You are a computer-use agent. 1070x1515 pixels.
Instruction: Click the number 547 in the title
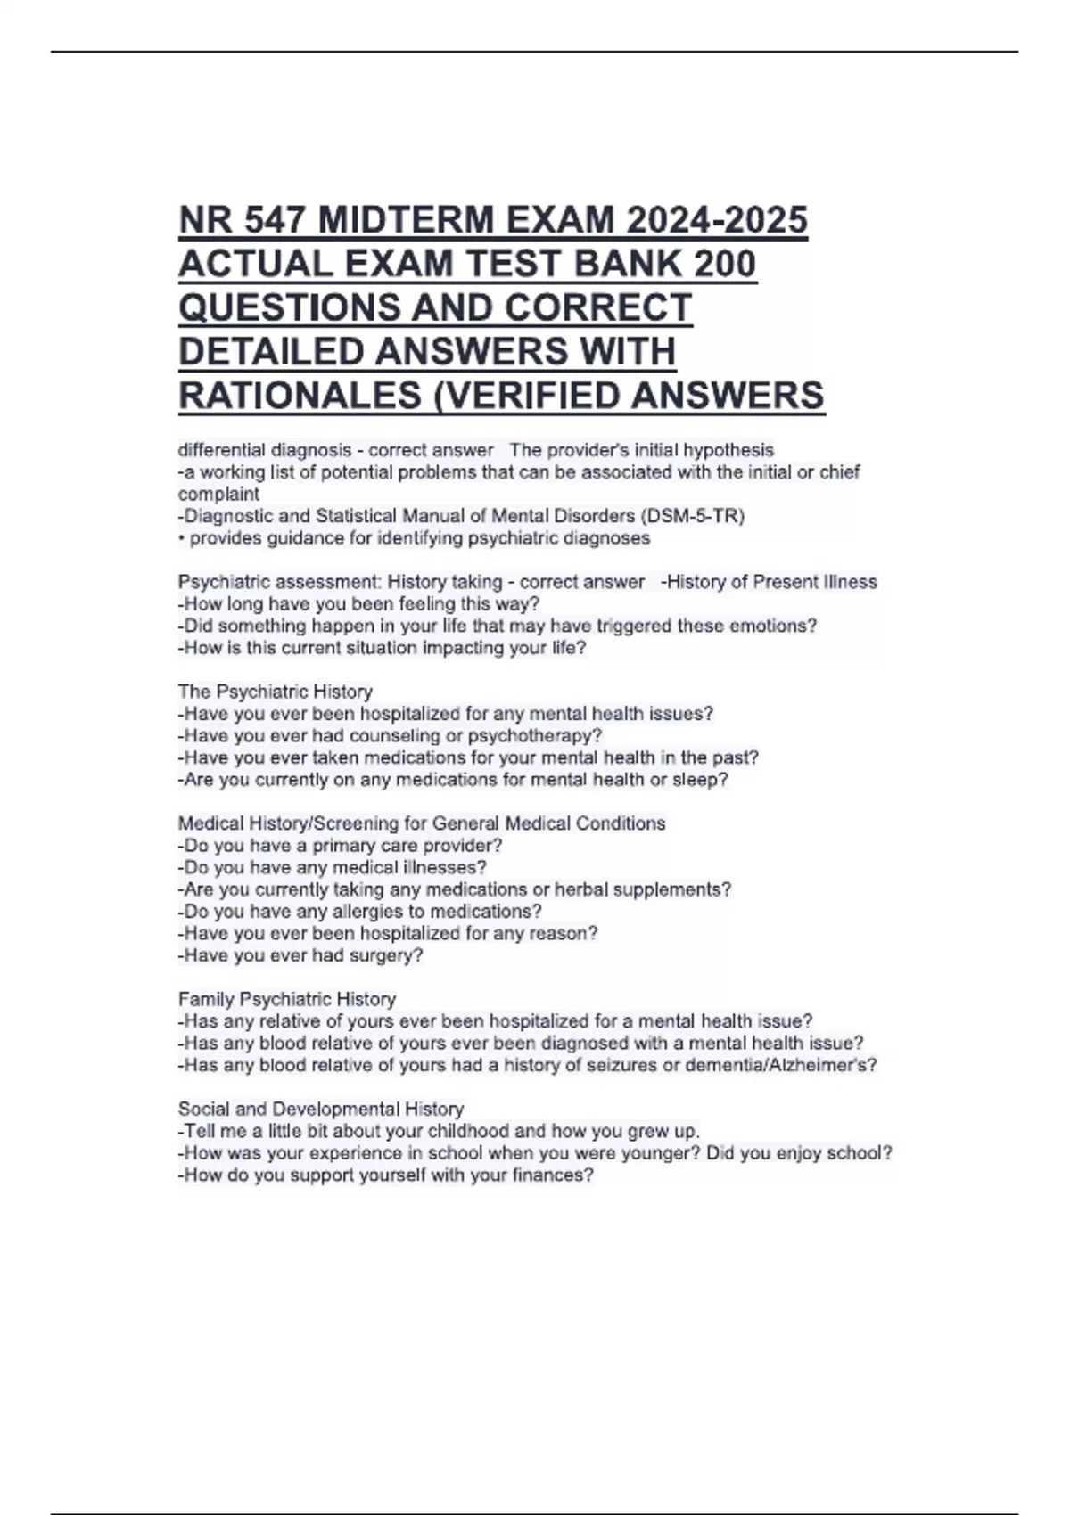(270, 220)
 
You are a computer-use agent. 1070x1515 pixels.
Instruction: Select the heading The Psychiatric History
(275, 692)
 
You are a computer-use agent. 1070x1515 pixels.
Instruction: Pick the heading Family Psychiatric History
(286, 999)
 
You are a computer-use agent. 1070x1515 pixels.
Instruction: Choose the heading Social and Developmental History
(320, 1110)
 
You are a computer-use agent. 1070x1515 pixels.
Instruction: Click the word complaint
(218, 494)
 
